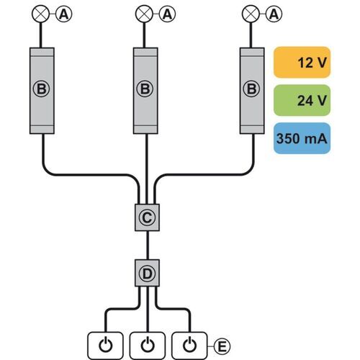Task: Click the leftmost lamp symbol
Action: click(x=40, y=14)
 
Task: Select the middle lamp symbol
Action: click(x=144, y=14)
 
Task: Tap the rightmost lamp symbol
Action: click(x=251, y=14)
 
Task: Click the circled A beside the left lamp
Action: click(x=64, y=14)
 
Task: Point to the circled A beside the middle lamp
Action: click(x=167, y=14)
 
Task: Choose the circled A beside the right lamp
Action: click(x=274, y=14)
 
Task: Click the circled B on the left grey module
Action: click(x=41, y=89)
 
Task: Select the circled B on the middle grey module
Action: click(x=145, y=89)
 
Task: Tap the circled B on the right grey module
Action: click(x=251, y=89)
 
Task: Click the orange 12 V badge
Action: click(x=302, y=63)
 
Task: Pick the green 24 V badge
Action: click(x=302, y=100)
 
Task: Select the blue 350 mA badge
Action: click(x=302, y=138)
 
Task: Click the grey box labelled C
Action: click(x=147, y=217)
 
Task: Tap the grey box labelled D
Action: click(x=147, y=273)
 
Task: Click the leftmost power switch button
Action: click(x=105, y=346)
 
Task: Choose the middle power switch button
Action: click(x=148, y=346)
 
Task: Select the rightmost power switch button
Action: click(x=189, y=346)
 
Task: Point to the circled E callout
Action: click(x=222, y=346)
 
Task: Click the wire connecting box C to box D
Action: click(x=148, y=246)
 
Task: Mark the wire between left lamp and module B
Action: click(x=40, y=35)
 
